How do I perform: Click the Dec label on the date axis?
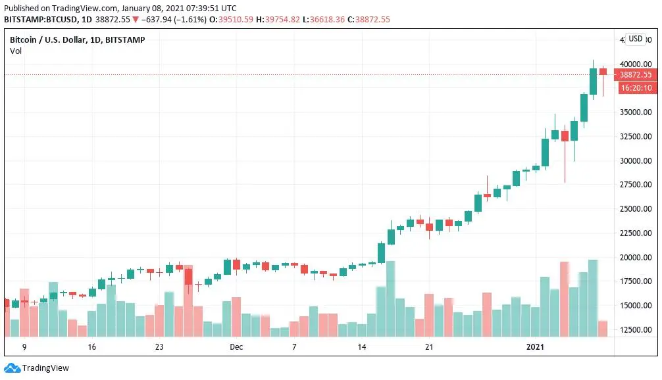[236, 346]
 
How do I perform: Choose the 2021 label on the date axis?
[536, 346]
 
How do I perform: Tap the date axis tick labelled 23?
[159, 346]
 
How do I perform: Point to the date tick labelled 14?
[361, 346]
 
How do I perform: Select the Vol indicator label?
[16, 51]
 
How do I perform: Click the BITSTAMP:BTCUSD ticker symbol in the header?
[38, 20]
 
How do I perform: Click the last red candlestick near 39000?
[603, 71]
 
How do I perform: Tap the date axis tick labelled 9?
[24, 346]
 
